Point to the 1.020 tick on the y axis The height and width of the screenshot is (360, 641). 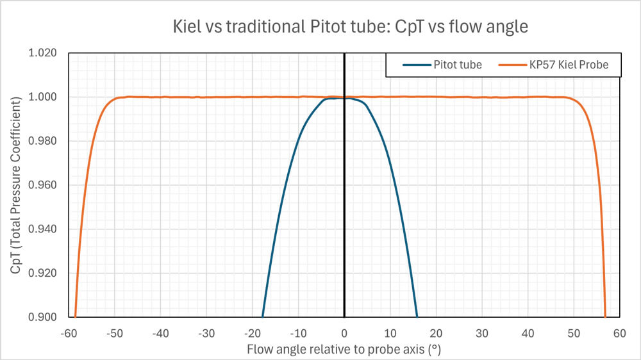click(44, 53)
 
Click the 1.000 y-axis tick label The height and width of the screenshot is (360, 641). click(44, 97)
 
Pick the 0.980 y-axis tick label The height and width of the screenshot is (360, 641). click(44, 142)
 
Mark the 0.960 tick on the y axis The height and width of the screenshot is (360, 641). click(44, 185)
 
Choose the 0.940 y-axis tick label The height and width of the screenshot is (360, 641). click(44, 229)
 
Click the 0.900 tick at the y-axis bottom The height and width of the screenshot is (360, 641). click(44, 317)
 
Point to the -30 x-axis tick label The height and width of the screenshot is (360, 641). click(206, 334)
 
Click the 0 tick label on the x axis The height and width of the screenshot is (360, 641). click(344, 334)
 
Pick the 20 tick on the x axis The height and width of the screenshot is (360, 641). click(436, 334)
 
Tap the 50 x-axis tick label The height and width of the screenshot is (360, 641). click(574, 334)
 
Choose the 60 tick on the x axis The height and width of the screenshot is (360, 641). click(619, 334)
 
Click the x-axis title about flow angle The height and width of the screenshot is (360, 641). click(344, 350)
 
